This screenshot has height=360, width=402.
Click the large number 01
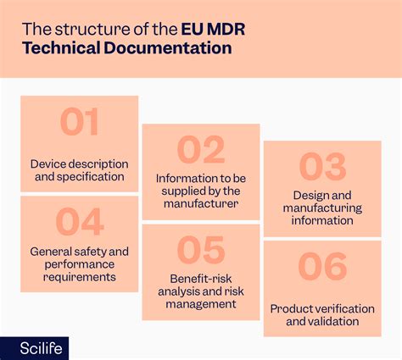pos(79,122)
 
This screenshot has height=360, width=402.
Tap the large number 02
pos(201,150)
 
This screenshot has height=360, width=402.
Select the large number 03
pos(322,167)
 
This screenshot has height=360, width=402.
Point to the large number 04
pos(80,222)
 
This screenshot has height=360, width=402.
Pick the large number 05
pos(201,250)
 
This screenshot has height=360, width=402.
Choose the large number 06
pos(322,267)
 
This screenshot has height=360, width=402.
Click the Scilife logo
pos(42,348)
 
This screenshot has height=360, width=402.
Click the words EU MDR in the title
pos(213,29)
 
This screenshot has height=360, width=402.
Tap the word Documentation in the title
pos(168,47)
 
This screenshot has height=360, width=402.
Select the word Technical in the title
pos(61,47)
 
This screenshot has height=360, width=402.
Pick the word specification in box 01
pos(91,177)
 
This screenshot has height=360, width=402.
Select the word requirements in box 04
pos(80,277)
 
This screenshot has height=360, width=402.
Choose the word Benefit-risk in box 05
pos(201,279)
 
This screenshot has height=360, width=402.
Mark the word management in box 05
pos(201,304)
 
